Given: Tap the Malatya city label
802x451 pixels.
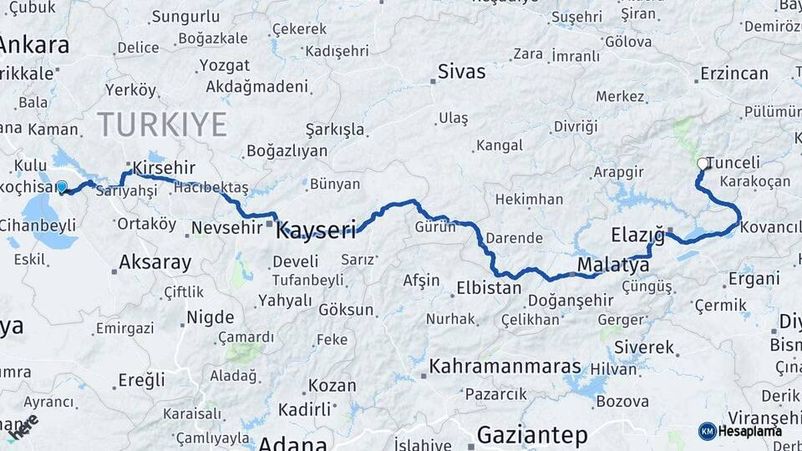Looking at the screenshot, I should click(x=612, y=266).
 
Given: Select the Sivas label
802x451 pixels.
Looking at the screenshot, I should click(x=461, y=71).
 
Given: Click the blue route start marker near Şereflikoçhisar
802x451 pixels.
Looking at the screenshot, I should click(x=61, y=186).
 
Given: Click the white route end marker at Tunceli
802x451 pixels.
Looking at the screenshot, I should click(x=702, y=164).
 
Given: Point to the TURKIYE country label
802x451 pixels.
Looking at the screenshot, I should click(x=162, y=124).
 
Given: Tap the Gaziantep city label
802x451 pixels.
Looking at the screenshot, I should click(x=532, y=434).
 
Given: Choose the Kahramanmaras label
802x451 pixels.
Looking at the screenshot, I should click(x=505, y=367).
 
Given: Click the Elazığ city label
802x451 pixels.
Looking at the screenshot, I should click(x=637, y=234).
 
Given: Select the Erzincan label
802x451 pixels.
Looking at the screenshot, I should click(x=733, y=73).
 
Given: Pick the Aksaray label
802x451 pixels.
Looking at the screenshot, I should click(x=155, y=262).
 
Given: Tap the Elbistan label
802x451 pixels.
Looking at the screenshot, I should click(x=489, y=288).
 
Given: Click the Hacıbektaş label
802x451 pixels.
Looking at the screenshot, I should click(x=211, y=187).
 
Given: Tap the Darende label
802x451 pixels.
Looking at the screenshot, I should click(x=514, y=238).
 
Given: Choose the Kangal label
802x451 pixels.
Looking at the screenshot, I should click(x=499, y=145).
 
